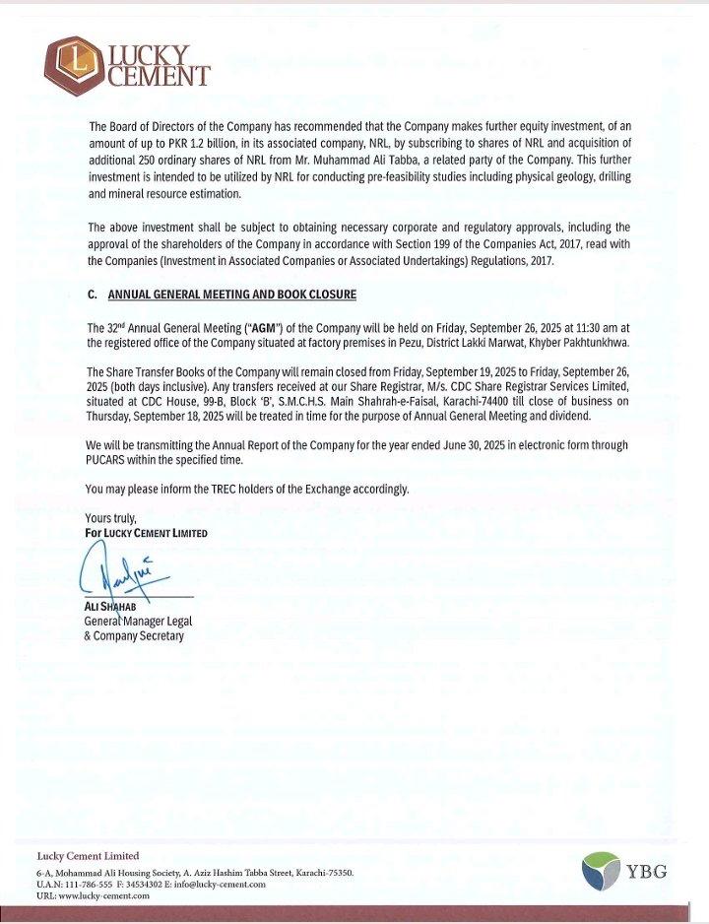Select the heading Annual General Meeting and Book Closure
click(x=231, y=295)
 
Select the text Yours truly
click(x=110, y=519)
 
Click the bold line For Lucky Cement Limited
click(x=147, y=533)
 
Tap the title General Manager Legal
click(x=134, y=622)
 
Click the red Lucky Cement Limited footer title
click(x=88, y=855)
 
